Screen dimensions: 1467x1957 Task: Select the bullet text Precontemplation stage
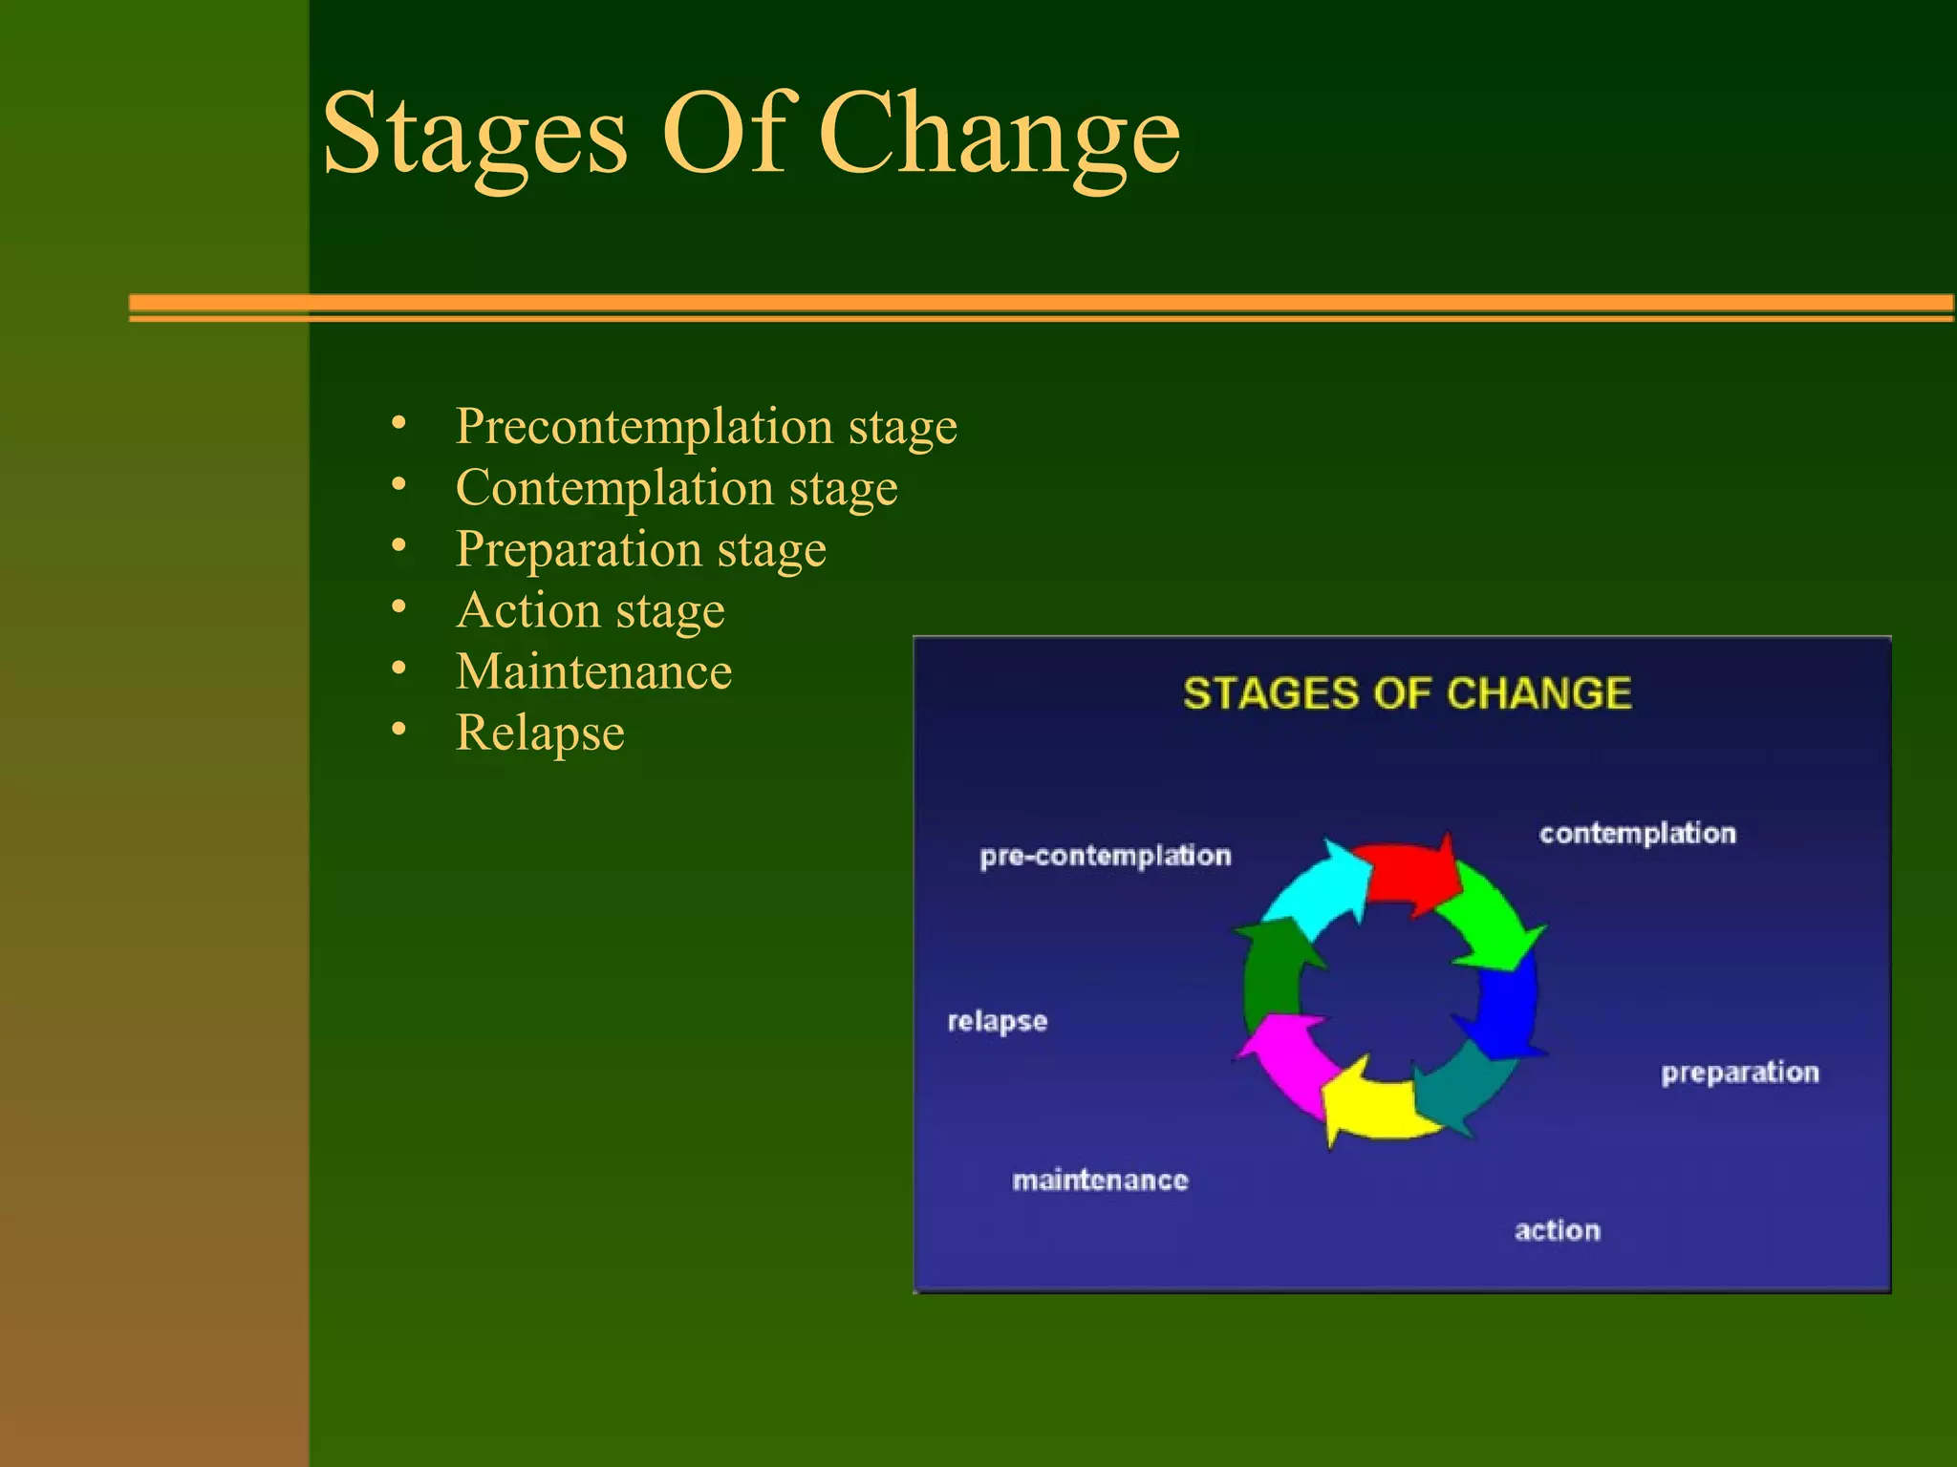[x=705, y=426]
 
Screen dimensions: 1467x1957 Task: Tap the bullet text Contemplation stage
[x=677, y=488]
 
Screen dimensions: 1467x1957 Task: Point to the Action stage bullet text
[x=591, y=610]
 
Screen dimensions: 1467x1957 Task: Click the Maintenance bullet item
[x=593, y=671]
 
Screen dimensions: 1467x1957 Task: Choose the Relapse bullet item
[x=540, y=733]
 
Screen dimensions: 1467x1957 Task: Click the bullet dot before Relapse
[x=399, y=730]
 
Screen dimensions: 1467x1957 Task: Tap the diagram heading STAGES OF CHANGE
[x=1407, y=693]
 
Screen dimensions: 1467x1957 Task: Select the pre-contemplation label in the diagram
[x=1105, y=856]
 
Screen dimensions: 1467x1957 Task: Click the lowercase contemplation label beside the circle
[x=1637, y=833]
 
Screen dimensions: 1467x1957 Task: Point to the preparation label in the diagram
[x=1739, y=1073]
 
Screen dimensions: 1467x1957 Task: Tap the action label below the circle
[x=1557, y=1230]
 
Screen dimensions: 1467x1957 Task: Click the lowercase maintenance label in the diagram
[x=1100, y=1180]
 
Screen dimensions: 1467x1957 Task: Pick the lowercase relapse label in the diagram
[x=997, y=1021]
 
